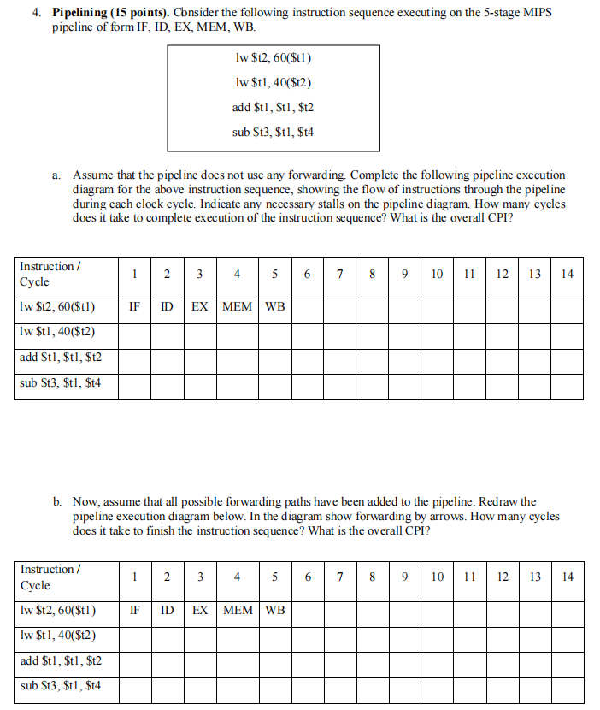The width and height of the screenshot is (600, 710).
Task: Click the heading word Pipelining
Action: click(x=82, y=14)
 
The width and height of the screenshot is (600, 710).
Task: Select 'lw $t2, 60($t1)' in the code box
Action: click(x=273, y=58)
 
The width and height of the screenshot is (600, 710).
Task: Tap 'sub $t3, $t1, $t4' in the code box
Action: click(x=273, y=132)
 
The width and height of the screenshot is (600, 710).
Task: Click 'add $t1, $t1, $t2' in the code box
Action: click(x=273, y=107)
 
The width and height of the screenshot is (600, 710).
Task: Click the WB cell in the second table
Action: click(x=274, y=610)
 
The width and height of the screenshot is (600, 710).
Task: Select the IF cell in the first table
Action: click(x=135, y=306)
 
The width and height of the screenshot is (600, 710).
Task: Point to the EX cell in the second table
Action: click(x=199, y=610)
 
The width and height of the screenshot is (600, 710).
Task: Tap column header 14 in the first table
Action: click(x=568, y=274)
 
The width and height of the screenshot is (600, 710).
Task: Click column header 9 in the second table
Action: click(x=404, y=577)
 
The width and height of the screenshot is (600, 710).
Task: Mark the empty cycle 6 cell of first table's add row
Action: click(x=307, y=358)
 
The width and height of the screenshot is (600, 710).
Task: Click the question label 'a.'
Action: click(x=56, y=174)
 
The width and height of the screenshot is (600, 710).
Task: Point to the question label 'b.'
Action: click(x=56, y=502)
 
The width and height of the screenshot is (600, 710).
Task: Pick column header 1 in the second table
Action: click(x=135, y=577)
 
